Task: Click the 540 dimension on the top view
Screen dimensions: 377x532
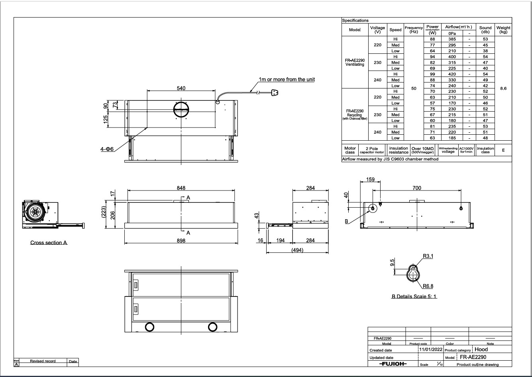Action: pyautogui.click(x=181, y=88)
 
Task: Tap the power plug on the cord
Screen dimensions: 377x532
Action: pyautogui.click(x=274, y=93)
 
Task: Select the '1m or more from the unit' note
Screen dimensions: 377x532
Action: pyautogui.click(x=287, y=80)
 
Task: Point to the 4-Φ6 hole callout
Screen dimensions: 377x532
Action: pyautogui.click(x=107, y=149)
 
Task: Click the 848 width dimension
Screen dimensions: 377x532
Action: pyautogui.click(x=181, y=188)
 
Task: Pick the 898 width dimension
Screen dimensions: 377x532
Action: pyautogui.click(x=181, y=240)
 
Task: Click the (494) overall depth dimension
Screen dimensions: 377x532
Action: pyautogui.click(x=297, y=250)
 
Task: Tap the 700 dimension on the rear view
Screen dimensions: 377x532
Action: pyautogui.click(x=417, y=188)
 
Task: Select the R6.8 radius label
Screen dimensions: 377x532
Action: pyautogui.click(x=428, y=286)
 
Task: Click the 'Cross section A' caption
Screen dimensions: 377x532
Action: pyautogui.click(x=49, y=243)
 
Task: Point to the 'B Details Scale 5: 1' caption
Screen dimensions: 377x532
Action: pyautogui.click(x=414, y=296)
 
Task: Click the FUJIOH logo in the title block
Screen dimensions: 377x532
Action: pyautogui.click(x=393, y=364)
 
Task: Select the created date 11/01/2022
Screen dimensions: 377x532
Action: pyautogui.click(x=430, y=349)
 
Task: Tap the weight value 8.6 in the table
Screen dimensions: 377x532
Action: pyautogui.click(x=503, y=88)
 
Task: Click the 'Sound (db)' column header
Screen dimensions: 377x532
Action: pyautogui.click(x=485, y=30)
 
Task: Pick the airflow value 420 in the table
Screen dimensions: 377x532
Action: pyautogui.click(x=452, y=74)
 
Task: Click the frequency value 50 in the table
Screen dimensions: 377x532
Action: pyautogui.click(x=414, y=88)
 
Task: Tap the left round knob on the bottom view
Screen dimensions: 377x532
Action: pyautogui.click(x=149, y=327)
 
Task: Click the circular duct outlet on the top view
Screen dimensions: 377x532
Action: pyautogui.click(x=181, y=109)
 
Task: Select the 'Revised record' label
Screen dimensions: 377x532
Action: pyautogui.click(x=43, y=361)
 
